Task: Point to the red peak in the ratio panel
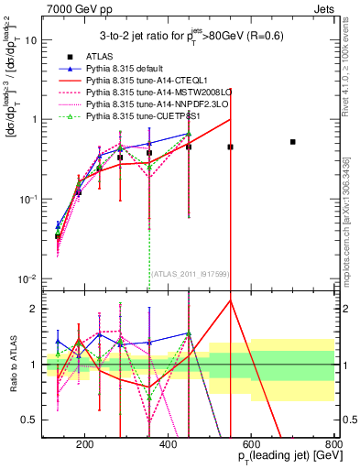point(231,300)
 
